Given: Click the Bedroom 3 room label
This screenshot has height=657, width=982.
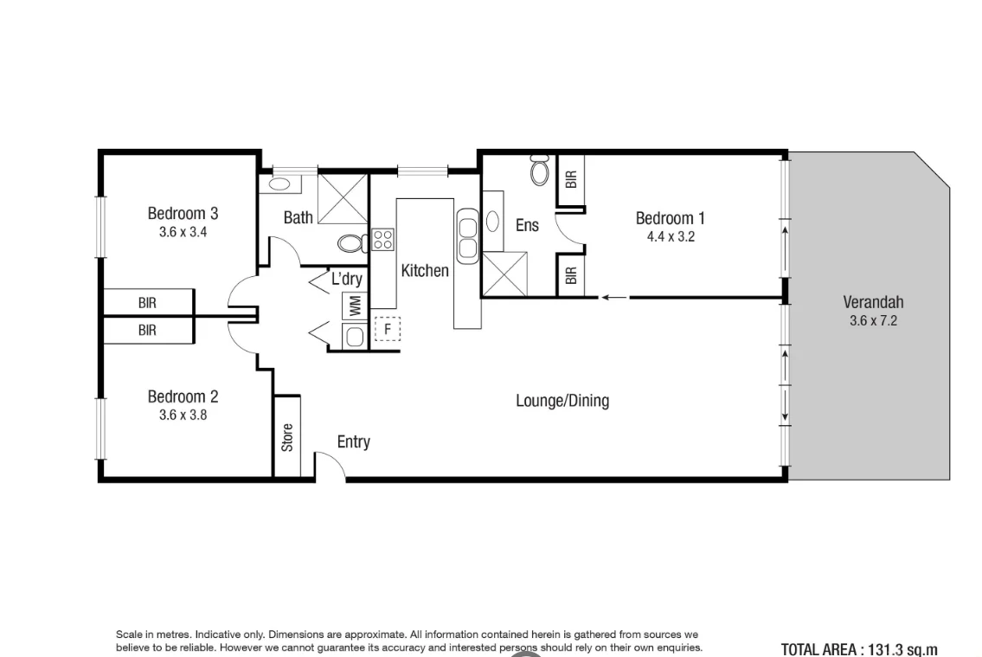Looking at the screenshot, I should (183, 213).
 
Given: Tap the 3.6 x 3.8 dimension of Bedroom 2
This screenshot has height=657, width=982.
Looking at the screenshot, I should (183, 415).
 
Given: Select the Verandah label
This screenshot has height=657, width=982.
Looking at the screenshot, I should (873, 302).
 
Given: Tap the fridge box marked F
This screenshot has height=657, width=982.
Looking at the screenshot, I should (388, 329).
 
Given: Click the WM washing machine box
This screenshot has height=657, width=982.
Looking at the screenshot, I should (352, 306).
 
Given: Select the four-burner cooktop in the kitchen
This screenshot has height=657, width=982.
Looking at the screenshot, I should (383, 239).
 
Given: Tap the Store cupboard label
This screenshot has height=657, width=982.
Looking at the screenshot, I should (287, 436).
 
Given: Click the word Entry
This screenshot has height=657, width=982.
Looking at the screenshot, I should (353, 442).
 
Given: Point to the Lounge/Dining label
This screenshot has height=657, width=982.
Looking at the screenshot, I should (562, 401).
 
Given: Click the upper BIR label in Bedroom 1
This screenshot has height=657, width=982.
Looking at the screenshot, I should (570, 179).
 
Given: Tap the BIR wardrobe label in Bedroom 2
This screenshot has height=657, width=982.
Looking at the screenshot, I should (147, 330).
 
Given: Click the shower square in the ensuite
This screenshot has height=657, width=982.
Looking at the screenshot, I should (505, 273).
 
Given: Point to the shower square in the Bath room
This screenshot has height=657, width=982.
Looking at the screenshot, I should (343, 196).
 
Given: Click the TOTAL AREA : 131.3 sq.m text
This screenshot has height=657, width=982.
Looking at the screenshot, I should (858, 649).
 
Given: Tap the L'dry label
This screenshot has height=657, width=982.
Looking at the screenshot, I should (347, 280).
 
